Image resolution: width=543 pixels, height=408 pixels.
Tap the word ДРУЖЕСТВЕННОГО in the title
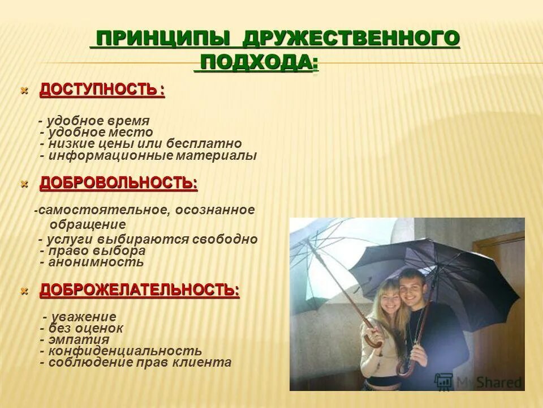point(351,40)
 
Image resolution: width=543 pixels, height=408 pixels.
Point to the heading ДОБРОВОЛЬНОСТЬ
point(118,183)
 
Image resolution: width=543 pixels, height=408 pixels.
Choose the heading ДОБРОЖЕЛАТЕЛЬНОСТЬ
point(139,291)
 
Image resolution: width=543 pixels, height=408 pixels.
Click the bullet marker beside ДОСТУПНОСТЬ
point(24,90)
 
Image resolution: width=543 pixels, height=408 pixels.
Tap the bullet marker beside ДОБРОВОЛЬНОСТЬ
point(24,184)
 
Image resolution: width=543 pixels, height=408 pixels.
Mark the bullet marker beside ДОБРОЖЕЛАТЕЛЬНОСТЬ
point(24,291)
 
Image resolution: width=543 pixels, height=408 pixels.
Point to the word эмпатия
point(79,339)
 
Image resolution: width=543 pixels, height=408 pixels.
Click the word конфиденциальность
point(125,351)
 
